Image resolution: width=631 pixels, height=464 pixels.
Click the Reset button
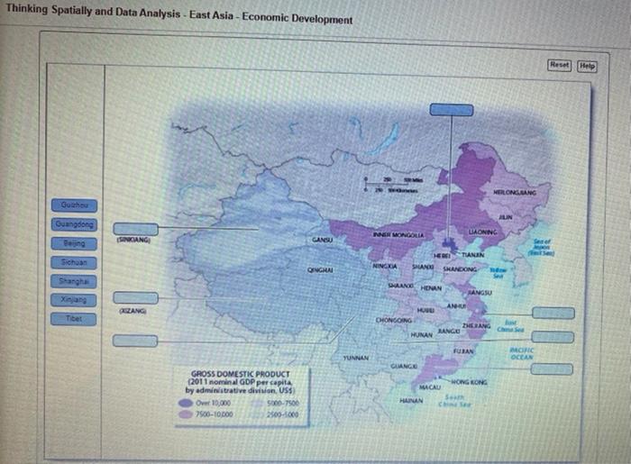pos(561,66)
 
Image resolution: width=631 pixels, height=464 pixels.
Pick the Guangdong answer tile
pos(77,225)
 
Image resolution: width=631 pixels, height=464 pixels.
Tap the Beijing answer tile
pos(77,244)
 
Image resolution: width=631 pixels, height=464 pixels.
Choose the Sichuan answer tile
pos(77,262)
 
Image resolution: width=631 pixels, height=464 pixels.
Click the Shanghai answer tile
pos(77,281)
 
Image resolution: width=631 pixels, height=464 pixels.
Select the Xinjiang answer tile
pos(77,300)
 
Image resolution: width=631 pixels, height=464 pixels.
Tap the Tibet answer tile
pos(77,319)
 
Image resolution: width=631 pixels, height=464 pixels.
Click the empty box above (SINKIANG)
pos(135,229)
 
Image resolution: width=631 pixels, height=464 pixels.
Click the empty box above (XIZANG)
pos(135,298)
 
